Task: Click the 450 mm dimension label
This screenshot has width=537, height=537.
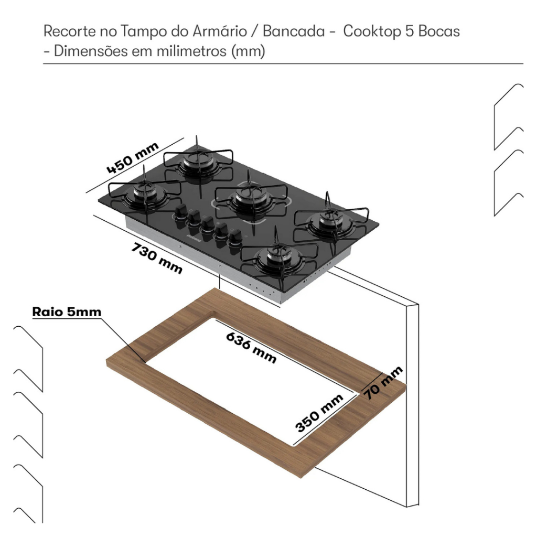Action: tap(133, 158)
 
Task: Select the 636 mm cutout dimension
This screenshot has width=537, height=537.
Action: tap(251, 347)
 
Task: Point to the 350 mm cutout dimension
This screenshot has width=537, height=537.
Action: tap(319, 413)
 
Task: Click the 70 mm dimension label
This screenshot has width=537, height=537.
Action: tap(384, 383)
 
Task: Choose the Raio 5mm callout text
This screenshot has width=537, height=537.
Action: tap(67, 312)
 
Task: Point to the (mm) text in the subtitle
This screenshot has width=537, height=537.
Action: tap(248, 52)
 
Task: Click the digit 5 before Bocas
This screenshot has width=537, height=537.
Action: tap(410, 31)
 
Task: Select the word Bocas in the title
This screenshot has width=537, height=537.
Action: tap(439, 31)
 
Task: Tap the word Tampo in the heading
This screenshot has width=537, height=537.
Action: tap(144, 31)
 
